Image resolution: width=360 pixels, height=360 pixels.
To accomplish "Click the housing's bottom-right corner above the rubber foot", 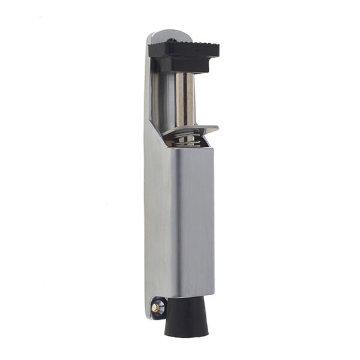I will (212, 295).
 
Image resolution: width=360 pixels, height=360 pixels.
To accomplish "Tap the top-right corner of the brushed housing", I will (214, 148).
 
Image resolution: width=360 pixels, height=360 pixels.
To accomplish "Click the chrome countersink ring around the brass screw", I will (155, 307).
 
